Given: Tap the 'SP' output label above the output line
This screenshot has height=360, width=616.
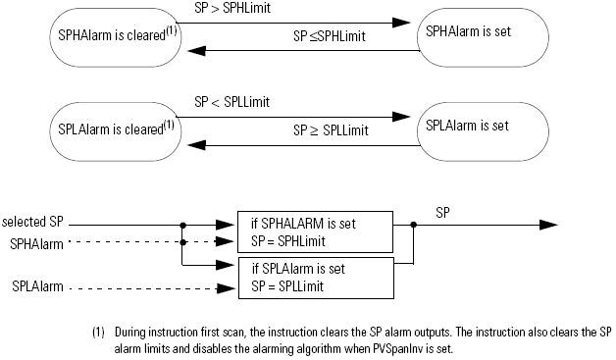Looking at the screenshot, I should tap(442, 210).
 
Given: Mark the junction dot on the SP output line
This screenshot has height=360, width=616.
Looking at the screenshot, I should tap(415, 224).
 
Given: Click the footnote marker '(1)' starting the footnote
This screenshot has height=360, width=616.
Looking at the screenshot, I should tap(98, 332).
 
